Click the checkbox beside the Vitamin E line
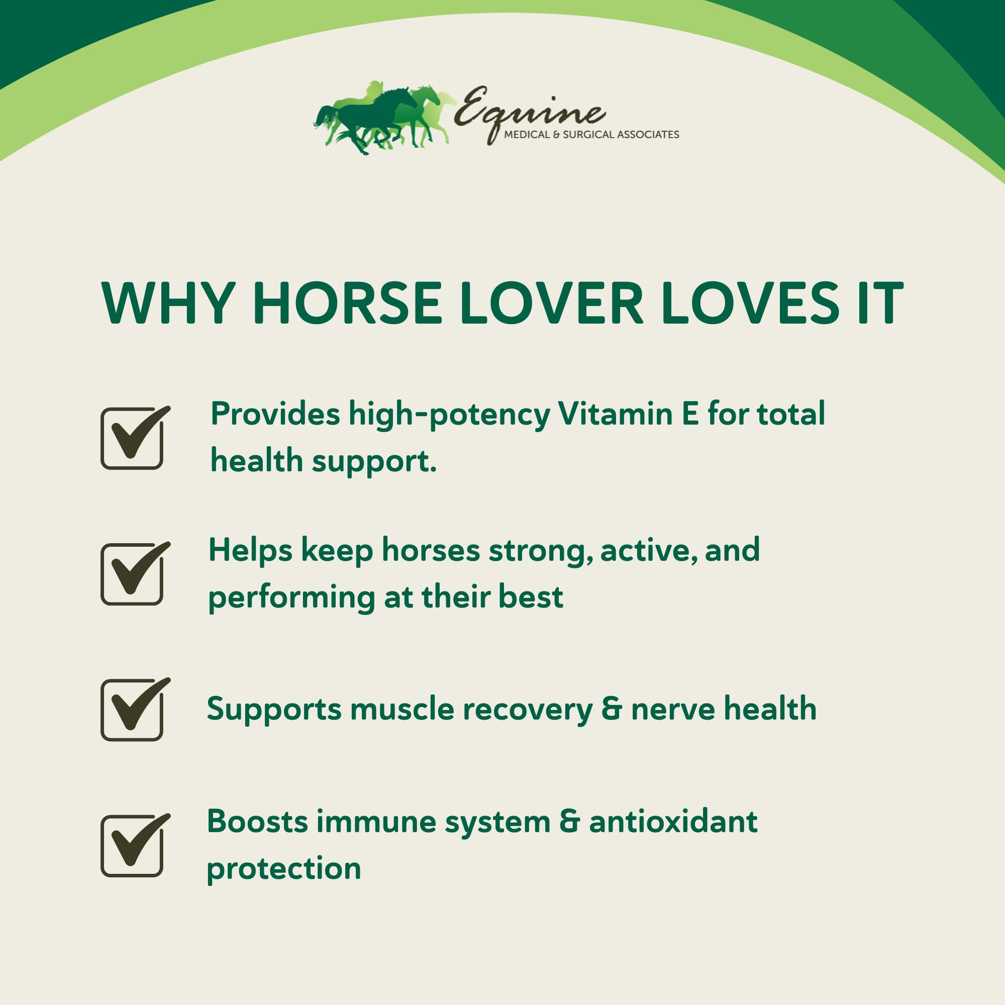click(x=132, y=439)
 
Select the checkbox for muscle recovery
click(x=132, y=710)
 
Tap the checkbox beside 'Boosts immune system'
click(x=132, y=846)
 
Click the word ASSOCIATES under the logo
click(x=648, y=135)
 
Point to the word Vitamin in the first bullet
click(x=615, y=414)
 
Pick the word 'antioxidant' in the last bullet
click(x=673, y=822)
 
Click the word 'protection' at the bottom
click(x=284, y=870)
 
